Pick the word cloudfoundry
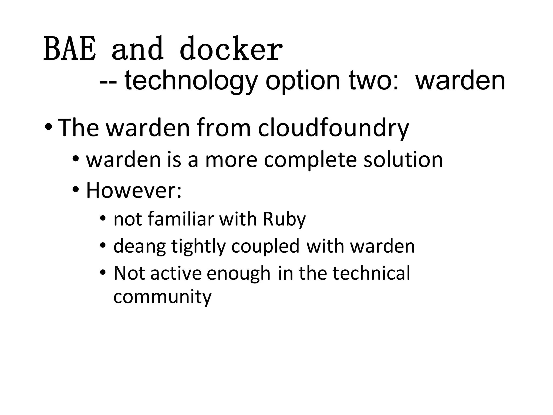333,128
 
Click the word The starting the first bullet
79,128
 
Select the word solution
403,160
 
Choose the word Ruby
284,219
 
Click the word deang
140,247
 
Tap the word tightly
198,247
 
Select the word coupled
265,246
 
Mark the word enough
239,273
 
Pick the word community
162,297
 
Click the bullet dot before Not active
103,273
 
